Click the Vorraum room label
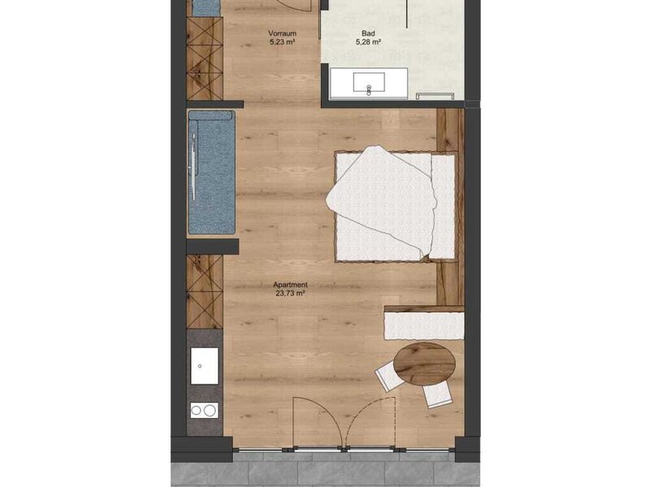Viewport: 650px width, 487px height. tap(282, 33)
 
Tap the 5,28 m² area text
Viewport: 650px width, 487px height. tap(368, 42)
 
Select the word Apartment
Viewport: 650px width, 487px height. tap(290, 285)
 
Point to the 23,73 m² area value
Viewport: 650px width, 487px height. tap(290, 293)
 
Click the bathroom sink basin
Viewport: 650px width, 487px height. tap(369, 82)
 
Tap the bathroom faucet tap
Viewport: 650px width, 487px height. tap(369, 90)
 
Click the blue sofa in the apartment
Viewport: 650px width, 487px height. tap(211, 172)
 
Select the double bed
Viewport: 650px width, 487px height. tap(396, 206)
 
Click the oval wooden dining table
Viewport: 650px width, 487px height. tap(424, 364)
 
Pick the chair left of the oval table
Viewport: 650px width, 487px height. tap(389, 376)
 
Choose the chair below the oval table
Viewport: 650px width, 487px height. tap(436, 394)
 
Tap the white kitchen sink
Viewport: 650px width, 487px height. tap(205, 366)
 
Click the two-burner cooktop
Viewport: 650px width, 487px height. tap(205, 411)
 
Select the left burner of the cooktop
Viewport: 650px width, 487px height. tap(197, 411)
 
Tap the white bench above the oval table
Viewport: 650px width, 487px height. tap(424, 325)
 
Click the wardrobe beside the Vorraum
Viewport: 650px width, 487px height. tap(205, 58)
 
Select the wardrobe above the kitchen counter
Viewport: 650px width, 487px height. tap(205, 291)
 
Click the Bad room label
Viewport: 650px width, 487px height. tap(368, 33)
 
